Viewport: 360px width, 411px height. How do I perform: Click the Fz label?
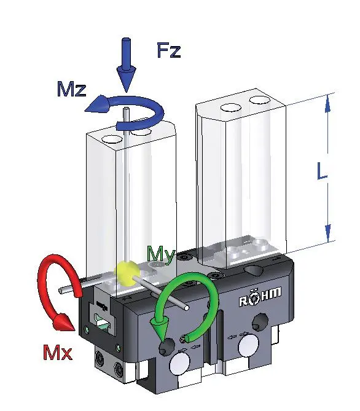point(169,50)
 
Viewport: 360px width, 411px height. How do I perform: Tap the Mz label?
point(72,89)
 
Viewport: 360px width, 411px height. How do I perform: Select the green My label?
point(161,254)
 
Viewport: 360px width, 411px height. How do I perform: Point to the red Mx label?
point(57,353)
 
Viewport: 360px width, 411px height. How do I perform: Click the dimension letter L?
point(322,171)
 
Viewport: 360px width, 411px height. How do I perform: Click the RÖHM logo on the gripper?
point(260,297)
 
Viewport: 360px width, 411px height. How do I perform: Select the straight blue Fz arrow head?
point(127,78)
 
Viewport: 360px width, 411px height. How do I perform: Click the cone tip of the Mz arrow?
point(85,109)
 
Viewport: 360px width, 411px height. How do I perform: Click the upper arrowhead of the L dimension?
point(328,104)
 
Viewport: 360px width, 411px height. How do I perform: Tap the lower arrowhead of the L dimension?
point(328,233)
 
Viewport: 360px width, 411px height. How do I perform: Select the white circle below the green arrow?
point(181,364)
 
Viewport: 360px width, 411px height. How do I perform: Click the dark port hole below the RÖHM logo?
point(260,321)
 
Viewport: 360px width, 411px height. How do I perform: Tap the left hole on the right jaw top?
point(231,108)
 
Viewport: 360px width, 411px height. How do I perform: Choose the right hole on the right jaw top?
point(260,100)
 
